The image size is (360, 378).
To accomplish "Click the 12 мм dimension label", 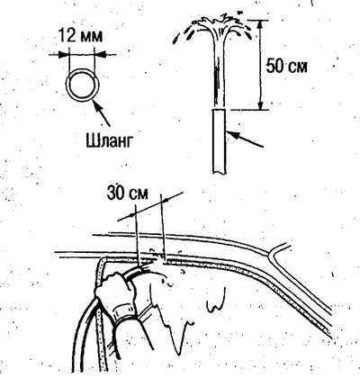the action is [80, 35].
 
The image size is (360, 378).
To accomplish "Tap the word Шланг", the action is [108, 140].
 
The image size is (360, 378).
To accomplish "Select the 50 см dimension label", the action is [287, 66].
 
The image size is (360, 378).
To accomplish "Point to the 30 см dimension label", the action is [128, 194].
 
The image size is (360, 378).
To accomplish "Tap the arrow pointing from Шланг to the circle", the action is [102, 113].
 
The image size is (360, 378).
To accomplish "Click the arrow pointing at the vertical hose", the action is [244, 139].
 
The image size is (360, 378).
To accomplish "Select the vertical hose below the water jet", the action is [220, 141].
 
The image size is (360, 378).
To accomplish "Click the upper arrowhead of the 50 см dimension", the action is [260, 24].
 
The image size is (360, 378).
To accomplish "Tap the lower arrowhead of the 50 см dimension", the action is [260, 106].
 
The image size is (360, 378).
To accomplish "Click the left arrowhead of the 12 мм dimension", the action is [64, 54].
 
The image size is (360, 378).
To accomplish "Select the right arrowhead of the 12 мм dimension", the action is [100, 54].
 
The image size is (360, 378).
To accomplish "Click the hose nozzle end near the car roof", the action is [141, 268].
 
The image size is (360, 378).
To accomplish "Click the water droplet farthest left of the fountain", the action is [176, 39].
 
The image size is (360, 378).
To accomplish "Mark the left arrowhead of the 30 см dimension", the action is [132, 214].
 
